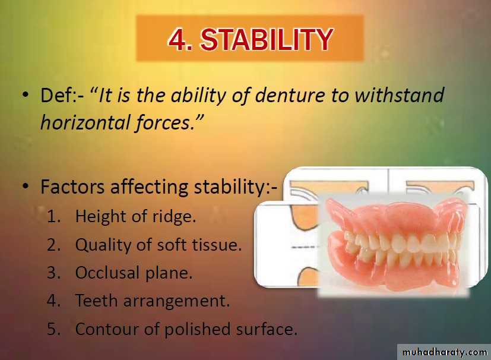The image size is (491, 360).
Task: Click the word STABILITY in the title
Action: tap(267, 39)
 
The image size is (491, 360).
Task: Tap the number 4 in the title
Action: tap(178, 39)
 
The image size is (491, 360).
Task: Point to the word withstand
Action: tap(399, 95)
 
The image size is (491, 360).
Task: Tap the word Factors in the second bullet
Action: tap(72, 187)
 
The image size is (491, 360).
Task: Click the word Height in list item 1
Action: tap(100, 216)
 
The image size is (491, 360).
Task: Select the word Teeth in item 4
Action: tap(96, 301)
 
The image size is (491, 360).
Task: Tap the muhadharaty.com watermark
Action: tap(445, 352)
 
